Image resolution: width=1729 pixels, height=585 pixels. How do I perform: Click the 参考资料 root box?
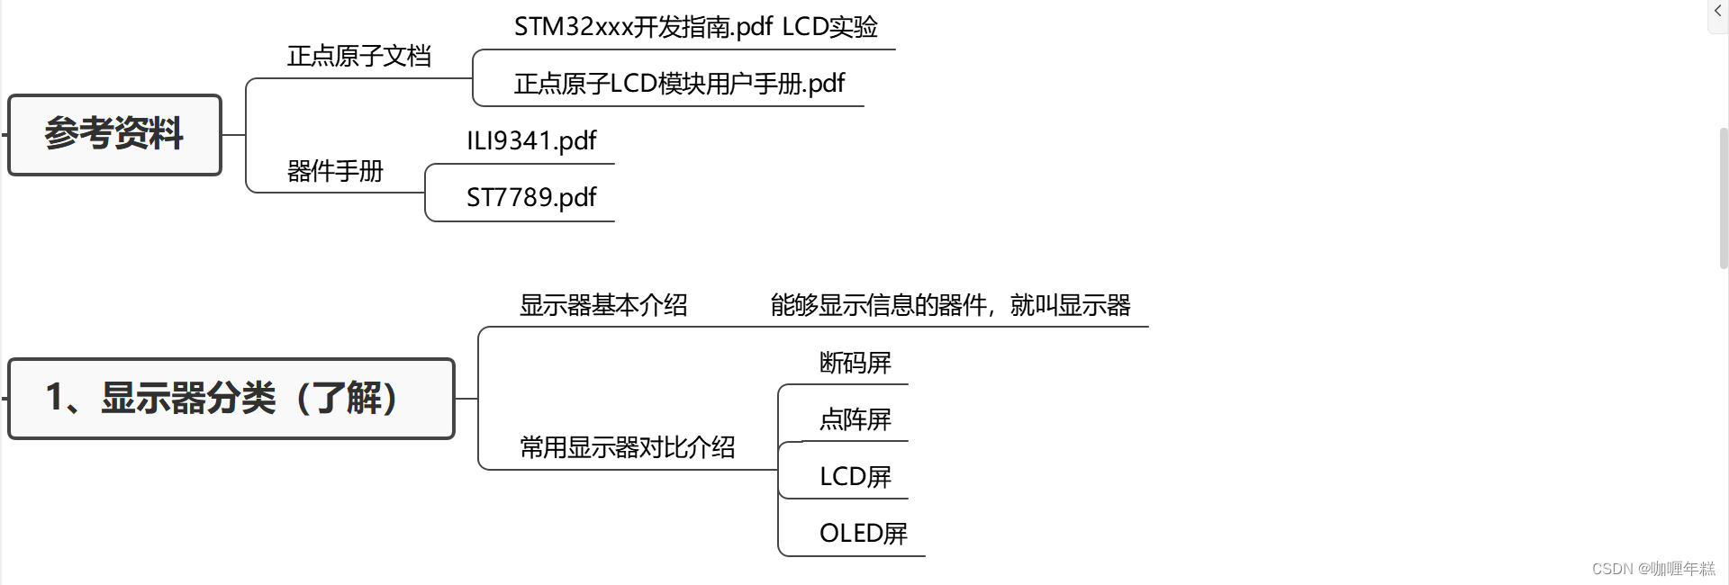[114, 135]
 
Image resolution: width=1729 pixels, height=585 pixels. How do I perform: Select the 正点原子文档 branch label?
[358, 57]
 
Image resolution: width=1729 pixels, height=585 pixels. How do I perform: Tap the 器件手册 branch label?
[335, 171]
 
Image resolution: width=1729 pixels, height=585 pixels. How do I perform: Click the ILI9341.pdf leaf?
[531, 141]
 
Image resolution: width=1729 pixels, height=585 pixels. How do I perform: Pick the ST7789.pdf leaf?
[531, 198]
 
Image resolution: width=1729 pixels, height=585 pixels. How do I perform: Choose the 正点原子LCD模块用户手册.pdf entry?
[679, 84]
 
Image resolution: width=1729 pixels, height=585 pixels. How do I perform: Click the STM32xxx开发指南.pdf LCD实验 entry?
[695, 27]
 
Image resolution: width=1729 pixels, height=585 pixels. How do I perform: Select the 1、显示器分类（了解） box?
[231, 399]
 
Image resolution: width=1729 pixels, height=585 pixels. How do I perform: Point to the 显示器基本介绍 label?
[603, 306]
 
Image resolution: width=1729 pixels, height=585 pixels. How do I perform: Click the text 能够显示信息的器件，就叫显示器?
[950, 306]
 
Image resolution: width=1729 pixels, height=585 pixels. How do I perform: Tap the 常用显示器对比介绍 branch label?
[627, 447]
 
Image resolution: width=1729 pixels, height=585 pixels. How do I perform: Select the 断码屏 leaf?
[855, 363]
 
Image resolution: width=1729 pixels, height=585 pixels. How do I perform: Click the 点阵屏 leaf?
[855, 419]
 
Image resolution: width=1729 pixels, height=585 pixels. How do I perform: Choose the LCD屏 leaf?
[855, 477]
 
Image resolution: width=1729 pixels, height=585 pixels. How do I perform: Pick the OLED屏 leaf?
[863, 534]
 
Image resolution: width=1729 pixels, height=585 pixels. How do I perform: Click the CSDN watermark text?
[1653, 569]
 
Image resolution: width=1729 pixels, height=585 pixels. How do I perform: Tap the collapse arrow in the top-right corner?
[1718, 12]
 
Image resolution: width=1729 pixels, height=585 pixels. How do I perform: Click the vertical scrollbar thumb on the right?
[1724, 198]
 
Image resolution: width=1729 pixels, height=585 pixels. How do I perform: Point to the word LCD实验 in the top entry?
[829, 27]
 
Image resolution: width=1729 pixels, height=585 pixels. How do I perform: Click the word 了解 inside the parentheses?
[348, 399]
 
